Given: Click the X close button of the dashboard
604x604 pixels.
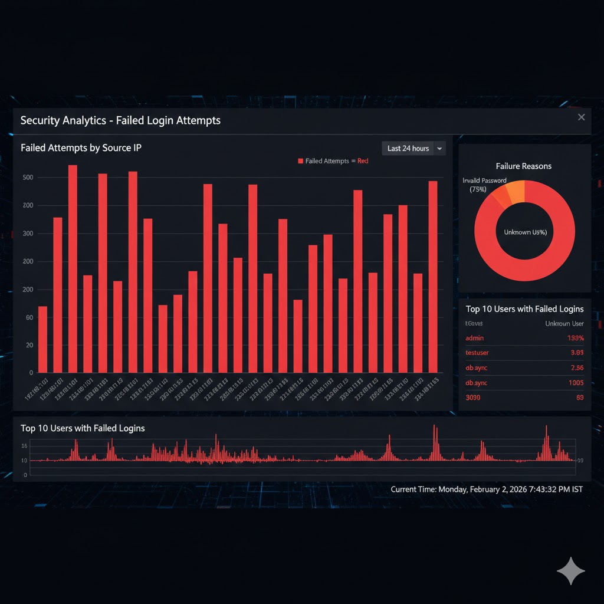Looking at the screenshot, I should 581,117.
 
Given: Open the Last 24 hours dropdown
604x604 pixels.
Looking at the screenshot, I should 413,149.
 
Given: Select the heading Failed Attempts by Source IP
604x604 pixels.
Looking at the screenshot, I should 81,148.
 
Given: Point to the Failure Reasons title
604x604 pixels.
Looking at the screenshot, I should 524,166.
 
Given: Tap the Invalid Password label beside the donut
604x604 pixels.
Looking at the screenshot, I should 485,181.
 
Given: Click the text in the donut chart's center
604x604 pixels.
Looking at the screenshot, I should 525,232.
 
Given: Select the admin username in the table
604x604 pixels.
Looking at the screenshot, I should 475,338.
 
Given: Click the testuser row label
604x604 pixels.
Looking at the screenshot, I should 477,353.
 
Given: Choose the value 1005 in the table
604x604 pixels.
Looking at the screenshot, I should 576,383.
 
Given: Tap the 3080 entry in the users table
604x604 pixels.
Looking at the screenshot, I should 473,398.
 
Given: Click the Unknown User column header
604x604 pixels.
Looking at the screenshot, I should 564,324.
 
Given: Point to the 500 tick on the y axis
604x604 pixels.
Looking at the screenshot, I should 27,178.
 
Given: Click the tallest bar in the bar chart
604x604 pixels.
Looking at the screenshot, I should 73,268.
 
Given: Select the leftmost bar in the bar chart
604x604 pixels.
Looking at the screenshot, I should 42,339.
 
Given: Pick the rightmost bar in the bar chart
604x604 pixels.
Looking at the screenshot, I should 433,276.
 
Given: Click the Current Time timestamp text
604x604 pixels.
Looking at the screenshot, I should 487,490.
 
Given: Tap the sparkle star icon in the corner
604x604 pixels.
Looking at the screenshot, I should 570,571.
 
